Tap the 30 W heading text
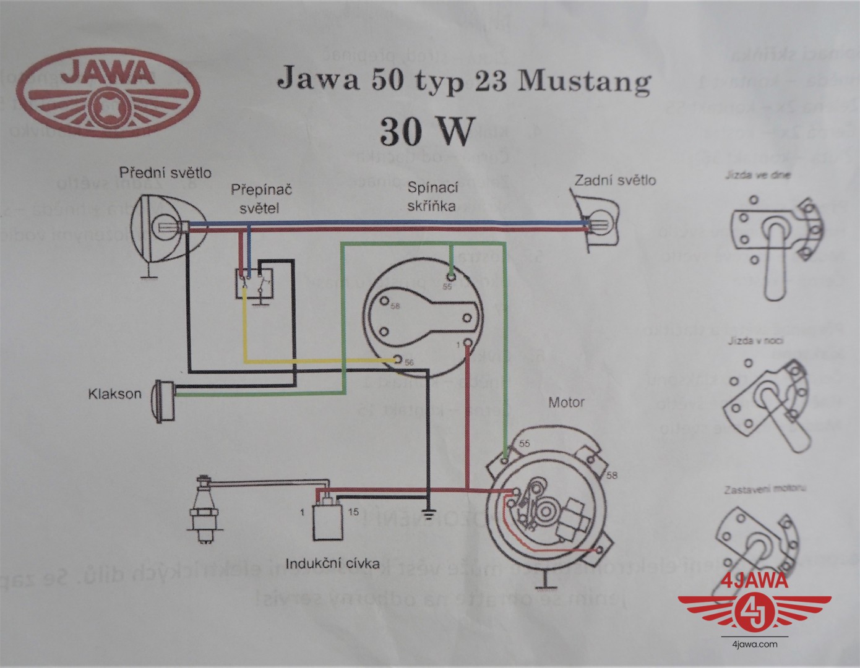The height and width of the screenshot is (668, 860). pyautogui.click(x=426, y=131)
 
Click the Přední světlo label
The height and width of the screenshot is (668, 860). pyautogui.click(x=165, y=172)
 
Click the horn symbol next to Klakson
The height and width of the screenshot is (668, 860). pyautogui.click(x=164, y=400)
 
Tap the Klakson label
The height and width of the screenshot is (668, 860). pyautogui.click(x=114, y=394)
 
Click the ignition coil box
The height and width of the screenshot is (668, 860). pyautogui.click(x=329, y=520)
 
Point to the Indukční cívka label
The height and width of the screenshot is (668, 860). pyautogui.click(x=332, y=563)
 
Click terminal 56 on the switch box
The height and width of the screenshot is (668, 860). pyautogui.click(x=399, y=359)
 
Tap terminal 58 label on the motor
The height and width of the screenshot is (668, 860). pyautogui.click(x=612, y=475)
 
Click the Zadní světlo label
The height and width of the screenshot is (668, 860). pyautogui.click(x=615, y=180)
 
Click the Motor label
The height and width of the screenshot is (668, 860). pyautogui.click(x=566, y=403)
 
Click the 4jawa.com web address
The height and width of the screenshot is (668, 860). pyautogui.click(x=754, y=644)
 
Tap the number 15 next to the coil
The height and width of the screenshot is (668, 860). pyautogui.click(x=353, y=512)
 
